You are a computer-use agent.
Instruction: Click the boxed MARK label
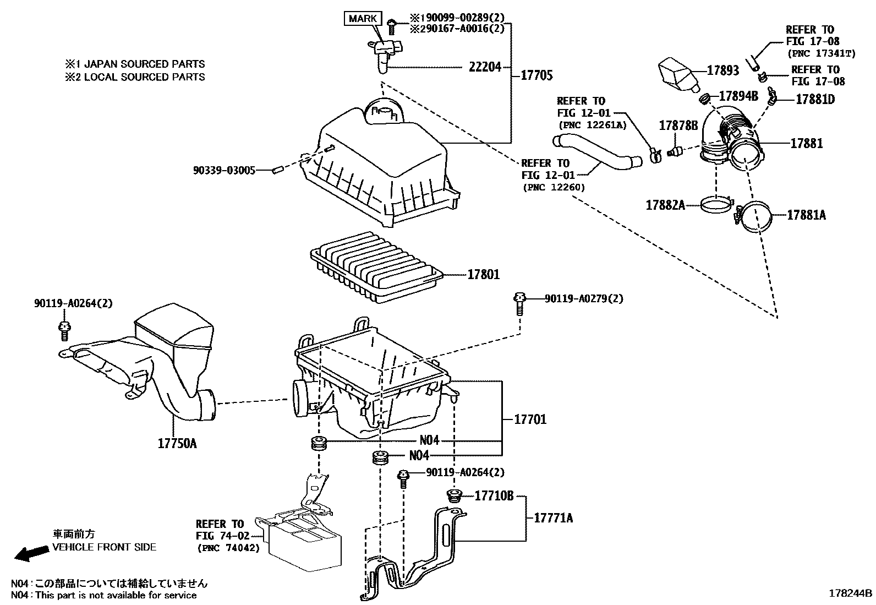point(363,18)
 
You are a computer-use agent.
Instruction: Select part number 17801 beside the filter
point(484,274)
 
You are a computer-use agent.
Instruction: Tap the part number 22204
point(485,67)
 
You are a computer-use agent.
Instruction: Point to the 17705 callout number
point(536,75)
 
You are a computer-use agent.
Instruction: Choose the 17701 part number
point(530,419)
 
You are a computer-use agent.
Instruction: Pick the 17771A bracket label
point(553,517)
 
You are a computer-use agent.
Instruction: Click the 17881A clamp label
point(806,215)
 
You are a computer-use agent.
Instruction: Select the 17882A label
point(665,205)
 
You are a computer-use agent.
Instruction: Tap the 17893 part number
point(723,70)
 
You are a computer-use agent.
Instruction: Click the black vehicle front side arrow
point(30,553)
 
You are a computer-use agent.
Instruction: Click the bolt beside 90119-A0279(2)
point(519,302)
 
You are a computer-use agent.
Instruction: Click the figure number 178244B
point(851,593)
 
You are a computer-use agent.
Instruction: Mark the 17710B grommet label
point(494,496)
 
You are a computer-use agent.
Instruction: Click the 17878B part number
point(678,126)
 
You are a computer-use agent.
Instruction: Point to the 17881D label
point(815,99)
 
